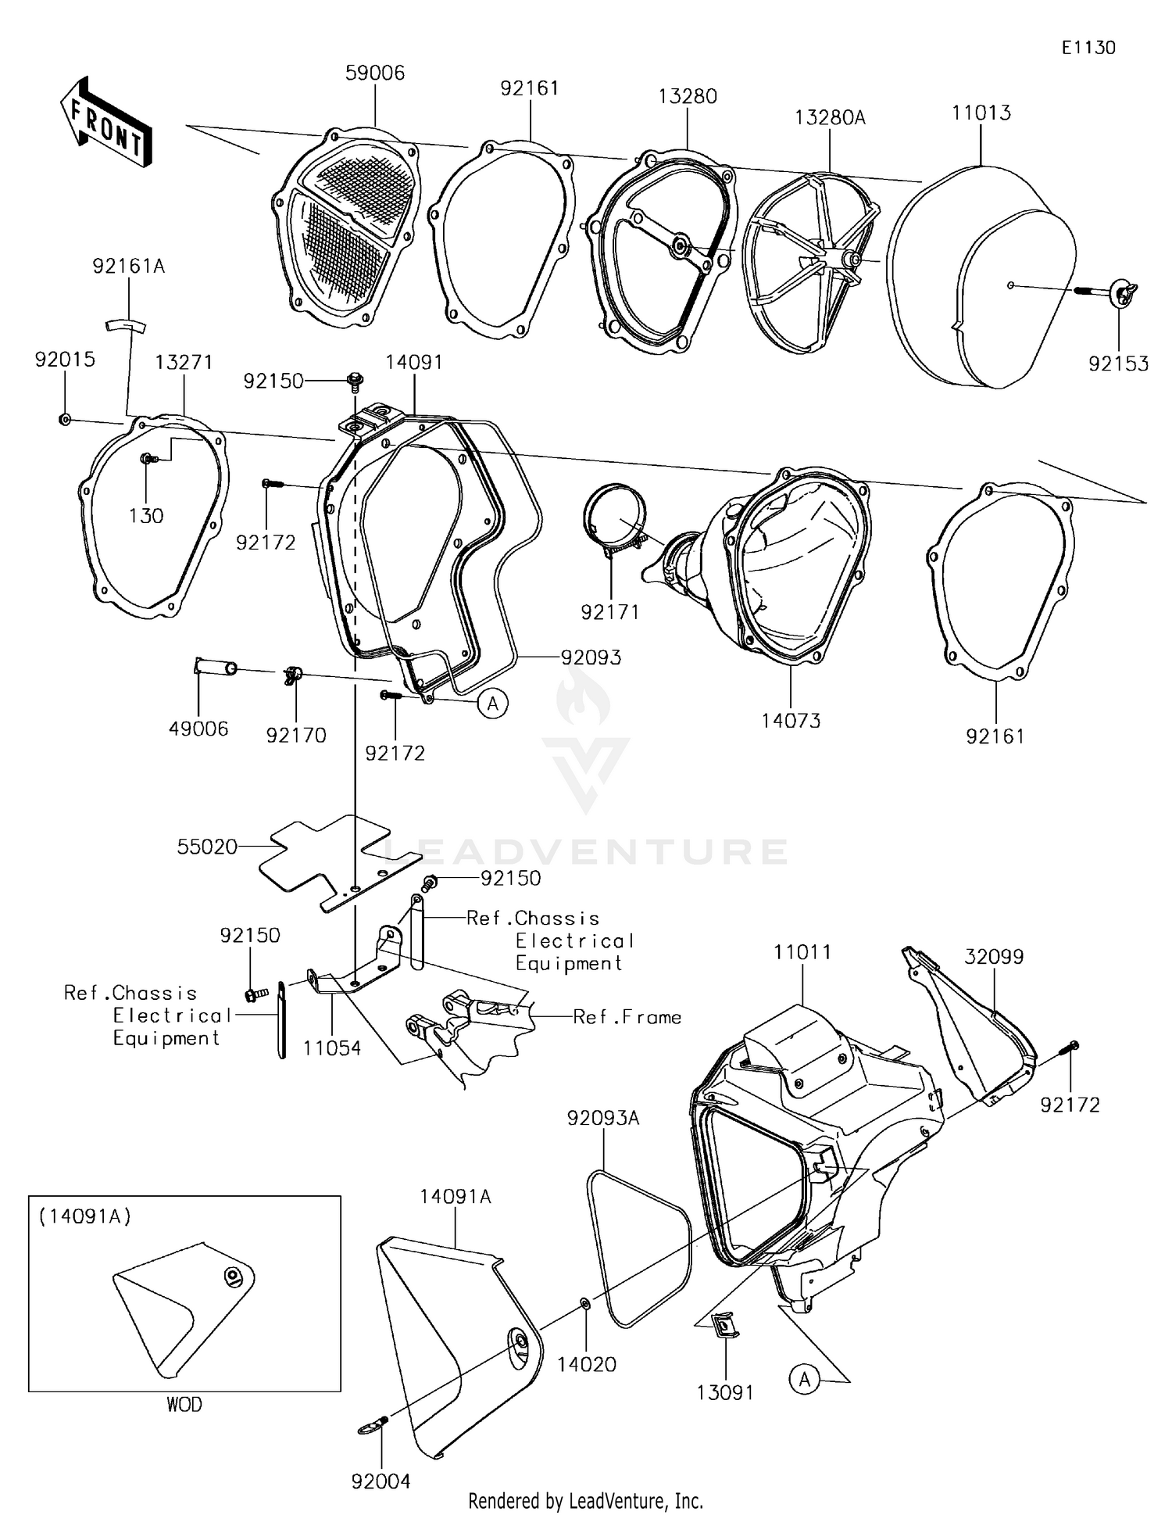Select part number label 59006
pos(375,73)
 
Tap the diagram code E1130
pos(1088,48)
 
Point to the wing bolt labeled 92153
pos(1123,292)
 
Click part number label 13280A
pos(830,118)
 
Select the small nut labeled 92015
pos(65,420)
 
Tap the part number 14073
pos(791,721)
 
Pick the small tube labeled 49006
pos(215,668)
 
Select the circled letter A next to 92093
pos(492,704)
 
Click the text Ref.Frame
pos(627,1017)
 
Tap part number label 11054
pos(332,1048)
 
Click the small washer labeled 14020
pos(585,1303)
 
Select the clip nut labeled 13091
pos(725,1324)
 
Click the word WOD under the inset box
pos(184,1405)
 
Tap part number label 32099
pos(993,957)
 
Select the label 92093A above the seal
pos(602,1119)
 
